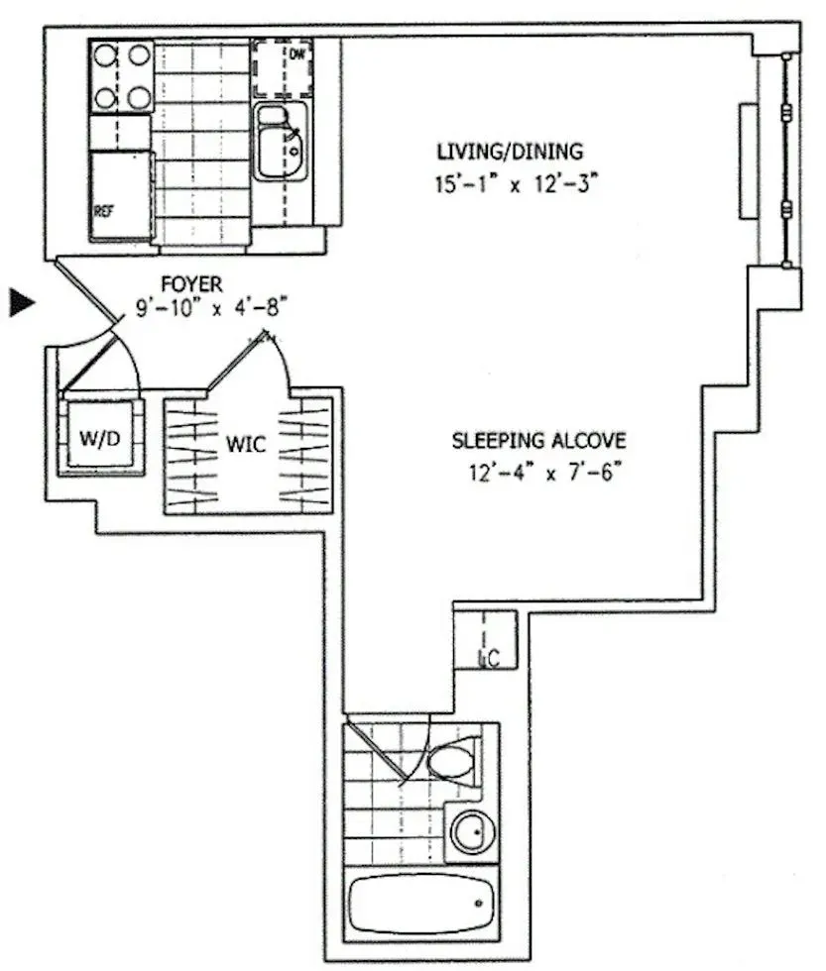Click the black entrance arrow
click(x=22, y=302)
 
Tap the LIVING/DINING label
click(x=510, y=152)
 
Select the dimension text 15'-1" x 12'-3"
click(x=510, y=185)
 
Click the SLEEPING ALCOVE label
click(x=538, y=441)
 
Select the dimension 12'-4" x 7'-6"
click(x=538, y=473)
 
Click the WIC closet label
click(x=245, y=446)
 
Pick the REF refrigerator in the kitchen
click(x=120, y=195)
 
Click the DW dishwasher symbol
click(x=283, y=67)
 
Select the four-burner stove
click(x=122, y=75)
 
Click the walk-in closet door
click(x=243, y=362)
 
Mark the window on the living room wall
click(x=785, y=160)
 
